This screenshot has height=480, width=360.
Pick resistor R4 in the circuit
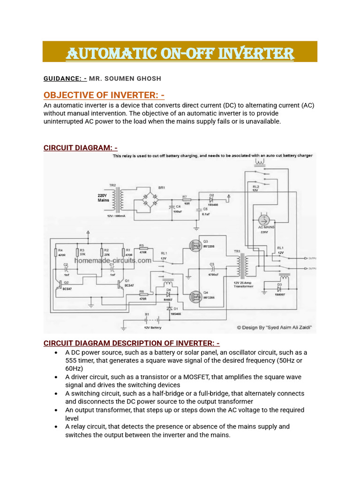point(55,253)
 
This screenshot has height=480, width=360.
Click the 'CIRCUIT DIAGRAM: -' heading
point(80,148)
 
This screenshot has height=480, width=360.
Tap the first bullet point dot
point(56,352)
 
